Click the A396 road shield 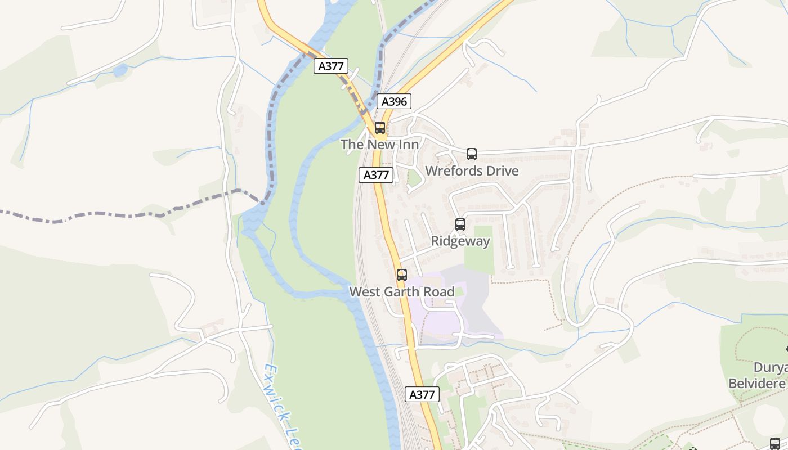(394, 101)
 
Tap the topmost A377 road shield (331, 66)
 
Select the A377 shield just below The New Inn (376, 174)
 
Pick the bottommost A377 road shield (422, 394)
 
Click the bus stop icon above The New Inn (380, 128)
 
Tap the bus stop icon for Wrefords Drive (472, 154)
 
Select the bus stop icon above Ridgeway (460, 224)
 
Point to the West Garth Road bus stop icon (402, 275)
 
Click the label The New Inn (379, 145)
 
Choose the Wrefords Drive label (472, 171)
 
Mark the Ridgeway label (460, 241)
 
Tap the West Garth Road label (402, 292)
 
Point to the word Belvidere (757, 384)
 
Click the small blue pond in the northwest (120, 71)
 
